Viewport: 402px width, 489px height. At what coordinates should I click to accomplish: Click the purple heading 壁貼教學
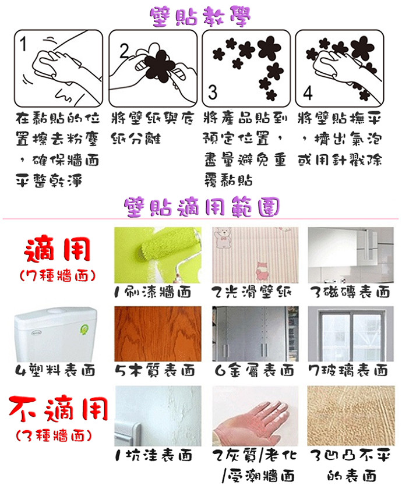(200, 16)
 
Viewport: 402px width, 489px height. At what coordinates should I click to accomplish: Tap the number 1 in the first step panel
(23, 44)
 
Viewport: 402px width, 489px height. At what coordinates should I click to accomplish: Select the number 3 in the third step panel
(213, 93)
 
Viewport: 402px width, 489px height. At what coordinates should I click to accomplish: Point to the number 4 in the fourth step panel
(308, 93)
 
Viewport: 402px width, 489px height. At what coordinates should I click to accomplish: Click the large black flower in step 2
(160, 65)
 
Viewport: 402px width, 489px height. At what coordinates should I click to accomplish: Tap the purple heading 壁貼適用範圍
(202, 207)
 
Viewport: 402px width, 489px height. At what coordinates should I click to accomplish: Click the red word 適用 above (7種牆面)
(58, 249)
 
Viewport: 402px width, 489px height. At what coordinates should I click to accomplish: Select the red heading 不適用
(58, 408)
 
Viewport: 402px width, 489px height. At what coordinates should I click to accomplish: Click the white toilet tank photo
(55, 334)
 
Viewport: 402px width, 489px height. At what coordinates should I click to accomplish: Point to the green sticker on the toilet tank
(84, 329)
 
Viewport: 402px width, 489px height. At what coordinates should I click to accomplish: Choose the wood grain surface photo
(158, 334)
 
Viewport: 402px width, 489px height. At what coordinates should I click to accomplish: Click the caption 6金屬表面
(255, 370)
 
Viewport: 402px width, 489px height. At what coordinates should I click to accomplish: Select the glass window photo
(351, 334)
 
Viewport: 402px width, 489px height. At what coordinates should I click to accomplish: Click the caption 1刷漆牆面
(153, 292)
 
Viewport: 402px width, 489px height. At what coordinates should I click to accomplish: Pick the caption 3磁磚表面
(350, 292)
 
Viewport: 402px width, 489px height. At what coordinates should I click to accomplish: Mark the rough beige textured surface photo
(351, 416)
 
